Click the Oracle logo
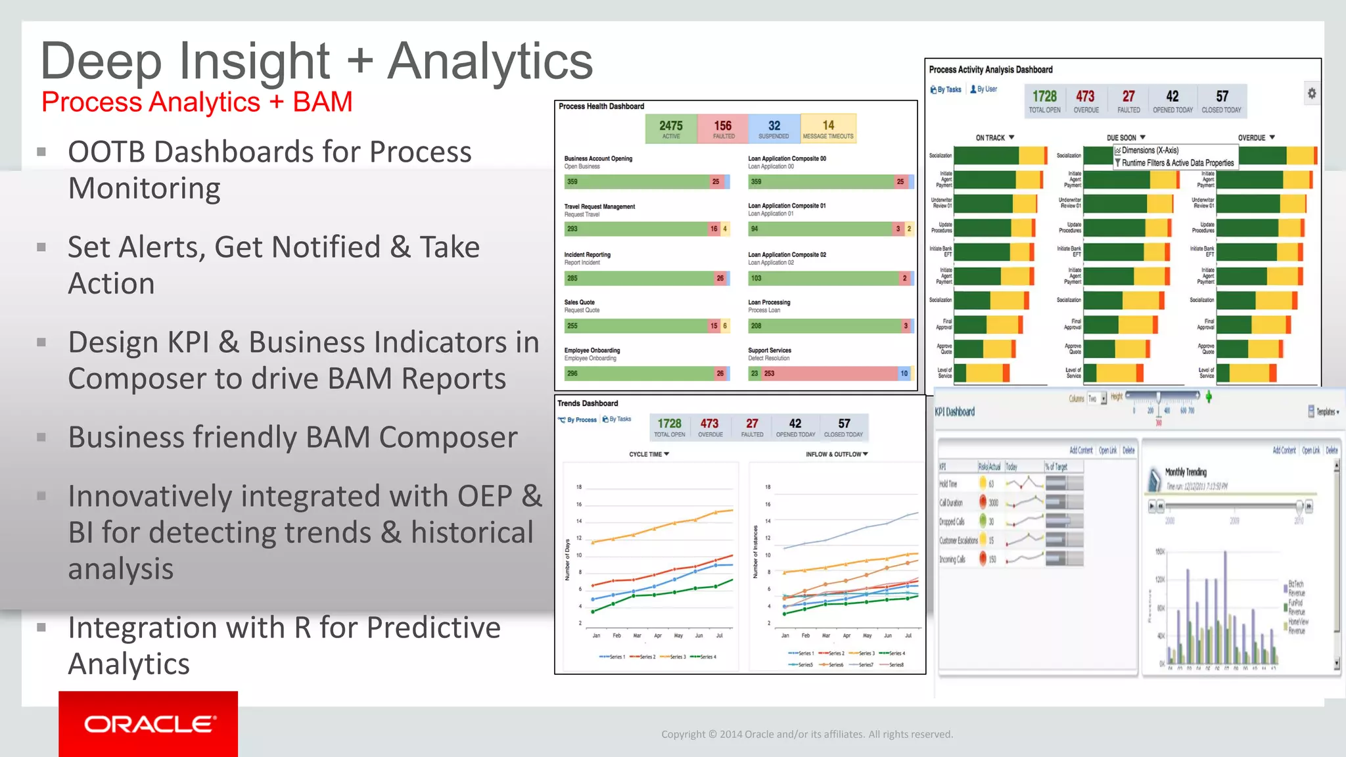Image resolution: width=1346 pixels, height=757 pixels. coord(149,723)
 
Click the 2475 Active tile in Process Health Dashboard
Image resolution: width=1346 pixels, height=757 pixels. coord(671,128)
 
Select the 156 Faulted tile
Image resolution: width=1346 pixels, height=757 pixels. coord(723,128)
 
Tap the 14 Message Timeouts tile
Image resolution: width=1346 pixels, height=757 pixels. coord(828,128)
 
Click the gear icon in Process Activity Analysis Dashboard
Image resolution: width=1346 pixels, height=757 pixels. coord(1311,93)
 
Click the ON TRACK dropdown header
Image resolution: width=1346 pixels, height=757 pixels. coord(994,138)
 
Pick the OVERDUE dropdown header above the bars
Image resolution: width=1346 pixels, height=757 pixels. coord(1256,138)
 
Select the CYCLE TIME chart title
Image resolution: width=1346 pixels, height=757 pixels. coord(649,454)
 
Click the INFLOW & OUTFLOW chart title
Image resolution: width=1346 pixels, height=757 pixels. coord(836,454)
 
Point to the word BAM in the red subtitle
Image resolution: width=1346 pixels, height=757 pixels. coord(322,103)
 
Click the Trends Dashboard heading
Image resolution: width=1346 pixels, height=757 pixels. coord(588,403)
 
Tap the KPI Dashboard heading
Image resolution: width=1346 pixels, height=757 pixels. coord(954,412)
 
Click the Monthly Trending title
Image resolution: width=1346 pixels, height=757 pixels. coord(1186,472)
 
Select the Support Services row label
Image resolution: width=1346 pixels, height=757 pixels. coord(770,350)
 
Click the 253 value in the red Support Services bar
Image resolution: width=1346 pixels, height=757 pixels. coord(769,373)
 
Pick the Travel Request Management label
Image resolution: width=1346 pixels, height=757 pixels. coord(599,206)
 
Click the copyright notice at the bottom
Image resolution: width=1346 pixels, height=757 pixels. coord(806,734)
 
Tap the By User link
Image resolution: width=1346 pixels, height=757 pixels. coord(984,89)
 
